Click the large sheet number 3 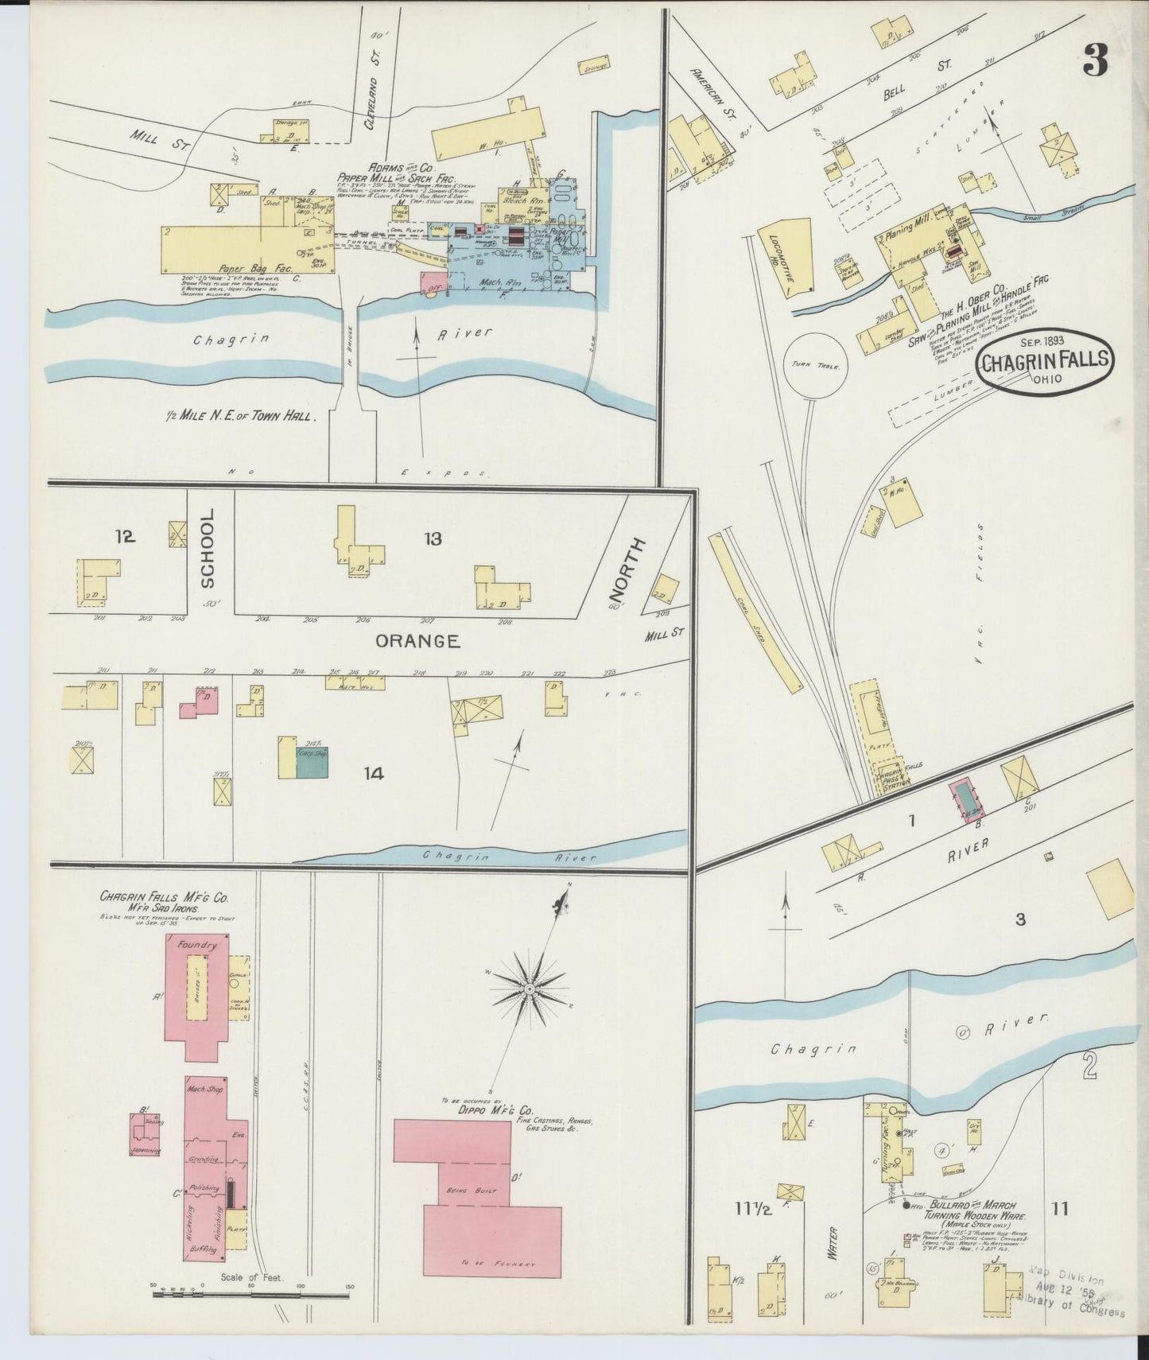click(1095, 60)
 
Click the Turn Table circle click(816, 365)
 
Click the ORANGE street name click(417, 640)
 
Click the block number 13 click(433, 539)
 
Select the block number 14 click(373, 772)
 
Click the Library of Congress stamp click(1073, 1293)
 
